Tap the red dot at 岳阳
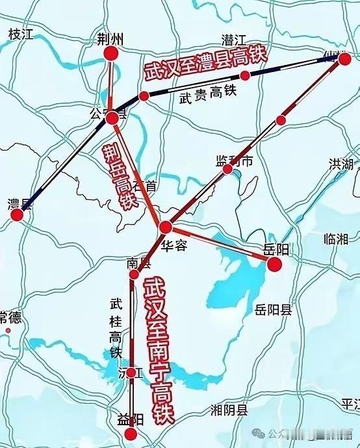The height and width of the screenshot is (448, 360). point(274,264)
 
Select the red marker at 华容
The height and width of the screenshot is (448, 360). point(166,227)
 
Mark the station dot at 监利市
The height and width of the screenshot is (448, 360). point(228,169)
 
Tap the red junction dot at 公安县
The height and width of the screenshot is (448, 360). point(112,118)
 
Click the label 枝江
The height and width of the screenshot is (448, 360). point(20,34)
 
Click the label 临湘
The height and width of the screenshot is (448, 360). point(336,239)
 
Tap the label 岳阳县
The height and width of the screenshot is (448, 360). point(274,309)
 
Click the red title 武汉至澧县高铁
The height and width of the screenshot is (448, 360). point(205,62)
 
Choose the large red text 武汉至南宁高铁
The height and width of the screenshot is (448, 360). point(158,351)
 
